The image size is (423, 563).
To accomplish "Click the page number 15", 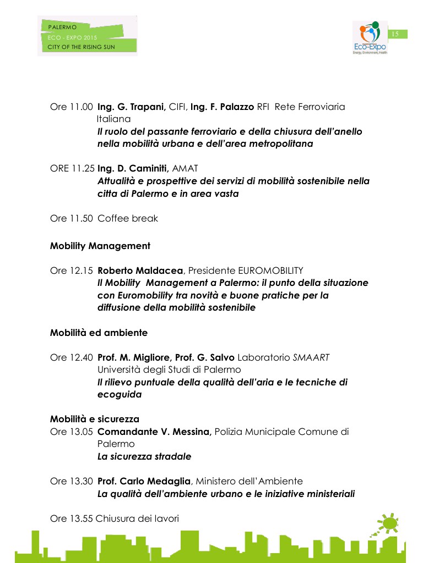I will pos(394,34).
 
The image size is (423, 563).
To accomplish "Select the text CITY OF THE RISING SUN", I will pos(82,47).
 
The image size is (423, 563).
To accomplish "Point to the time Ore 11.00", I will pos(72,107).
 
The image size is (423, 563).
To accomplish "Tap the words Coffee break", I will pos(128,218).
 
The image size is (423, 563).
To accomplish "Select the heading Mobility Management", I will pos(100,246).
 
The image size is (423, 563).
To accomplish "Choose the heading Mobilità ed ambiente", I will pos(99,333).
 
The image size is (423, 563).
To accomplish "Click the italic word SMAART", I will pos(311,357).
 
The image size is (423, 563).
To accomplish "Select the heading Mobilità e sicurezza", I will pos(95,420).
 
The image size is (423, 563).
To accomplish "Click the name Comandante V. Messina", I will pos(154,432).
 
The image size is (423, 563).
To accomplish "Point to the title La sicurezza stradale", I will pos(144,456).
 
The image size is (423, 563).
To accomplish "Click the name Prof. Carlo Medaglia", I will pos(144,481).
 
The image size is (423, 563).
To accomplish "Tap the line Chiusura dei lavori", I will pos(137,518).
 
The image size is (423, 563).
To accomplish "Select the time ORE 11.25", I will pos(72,168).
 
